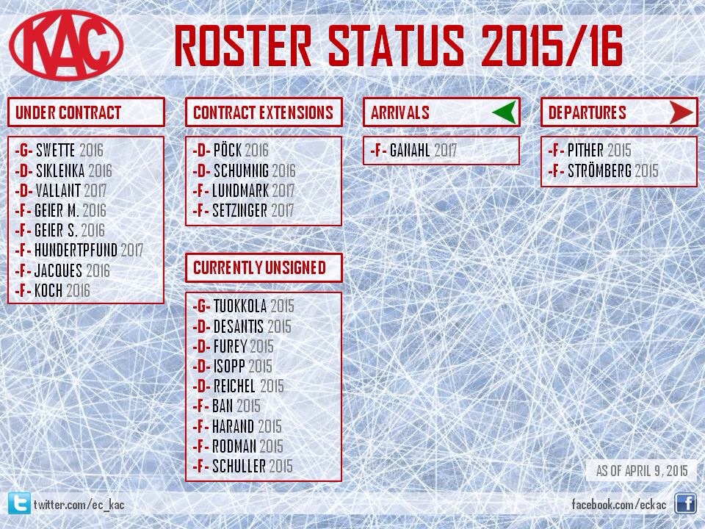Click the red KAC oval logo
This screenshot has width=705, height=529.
coord(66,45)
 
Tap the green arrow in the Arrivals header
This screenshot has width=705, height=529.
coord(505,112)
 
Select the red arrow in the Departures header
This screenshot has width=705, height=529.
coord(681,112)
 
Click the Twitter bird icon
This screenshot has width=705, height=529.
coord(19,503)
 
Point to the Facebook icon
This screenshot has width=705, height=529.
coord(685,503)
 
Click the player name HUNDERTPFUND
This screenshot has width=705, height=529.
coord(76,250)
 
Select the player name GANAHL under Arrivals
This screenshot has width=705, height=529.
coord(410,150)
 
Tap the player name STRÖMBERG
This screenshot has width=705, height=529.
coord(599,171)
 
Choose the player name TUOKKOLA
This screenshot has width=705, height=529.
coord(240,306)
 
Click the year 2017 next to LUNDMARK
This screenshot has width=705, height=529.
coord(283,191)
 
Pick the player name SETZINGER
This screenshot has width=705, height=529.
coord(239,211)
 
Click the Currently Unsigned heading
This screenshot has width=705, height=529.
coord(259,267)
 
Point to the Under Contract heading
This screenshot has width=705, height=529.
coord(68,112)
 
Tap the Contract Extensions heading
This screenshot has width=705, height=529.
coord(264,112)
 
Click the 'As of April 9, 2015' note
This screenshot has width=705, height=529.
coord(642,471)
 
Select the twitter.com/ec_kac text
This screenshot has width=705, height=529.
coord(79,504)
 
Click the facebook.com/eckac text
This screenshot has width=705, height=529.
coord(619,504)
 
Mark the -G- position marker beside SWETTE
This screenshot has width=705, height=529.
coord(23,150)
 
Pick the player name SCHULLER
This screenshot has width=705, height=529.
coord(239,467)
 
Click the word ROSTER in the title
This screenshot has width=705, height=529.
coord(243,46)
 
